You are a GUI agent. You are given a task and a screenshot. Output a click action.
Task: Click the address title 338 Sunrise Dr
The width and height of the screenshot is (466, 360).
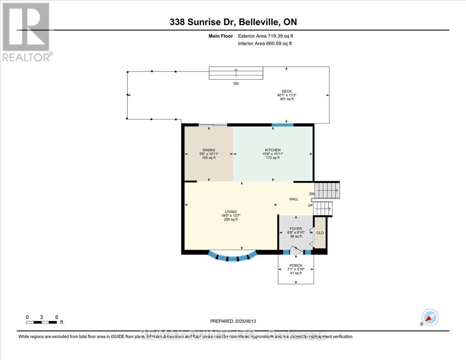click(233, 22)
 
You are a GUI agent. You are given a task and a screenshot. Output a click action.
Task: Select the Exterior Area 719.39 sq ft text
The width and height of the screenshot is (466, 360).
click(266, 36)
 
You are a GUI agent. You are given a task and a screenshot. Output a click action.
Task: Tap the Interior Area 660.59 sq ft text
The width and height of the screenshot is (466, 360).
click(265, 43)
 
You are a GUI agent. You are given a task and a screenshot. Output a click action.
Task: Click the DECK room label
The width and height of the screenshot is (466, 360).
click(287, 91)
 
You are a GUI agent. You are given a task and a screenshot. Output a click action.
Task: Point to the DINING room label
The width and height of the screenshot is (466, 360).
click(209, 150)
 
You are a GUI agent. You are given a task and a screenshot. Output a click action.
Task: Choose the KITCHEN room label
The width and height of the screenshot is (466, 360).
click(273, 150)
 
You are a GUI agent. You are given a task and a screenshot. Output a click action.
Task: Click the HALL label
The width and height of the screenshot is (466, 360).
click(294, 199)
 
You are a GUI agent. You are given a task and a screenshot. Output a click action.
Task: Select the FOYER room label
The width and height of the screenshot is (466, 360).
click(296, 229)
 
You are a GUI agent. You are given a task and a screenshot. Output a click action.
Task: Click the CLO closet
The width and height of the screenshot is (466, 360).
click(320, 233)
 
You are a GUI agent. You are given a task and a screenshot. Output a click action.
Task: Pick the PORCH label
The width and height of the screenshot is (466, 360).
click(296, 266)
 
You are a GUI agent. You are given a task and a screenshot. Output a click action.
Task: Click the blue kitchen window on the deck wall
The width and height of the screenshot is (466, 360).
click(282, 125)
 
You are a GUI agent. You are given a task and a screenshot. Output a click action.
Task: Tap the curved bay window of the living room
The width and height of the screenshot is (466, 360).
click(233, 257)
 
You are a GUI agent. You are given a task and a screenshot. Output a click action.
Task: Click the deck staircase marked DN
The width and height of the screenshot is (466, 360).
click(236, 73)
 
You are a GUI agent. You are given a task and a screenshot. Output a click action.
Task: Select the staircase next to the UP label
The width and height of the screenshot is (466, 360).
click(323, 209)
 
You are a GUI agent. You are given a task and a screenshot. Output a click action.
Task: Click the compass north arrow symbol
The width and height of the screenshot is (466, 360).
click(430, 318)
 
